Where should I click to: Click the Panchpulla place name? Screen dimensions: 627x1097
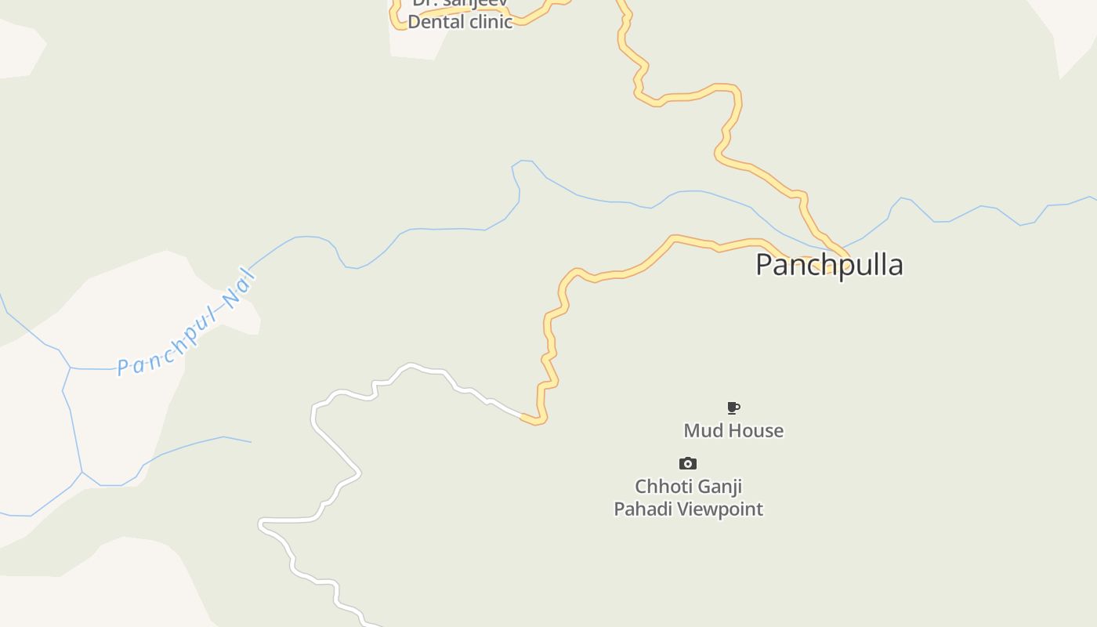[829, 265]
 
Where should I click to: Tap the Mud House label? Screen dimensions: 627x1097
[733, 430]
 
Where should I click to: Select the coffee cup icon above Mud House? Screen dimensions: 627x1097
[733, 408]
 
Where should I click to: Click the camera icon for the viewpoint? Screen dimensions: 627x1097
[687, 463]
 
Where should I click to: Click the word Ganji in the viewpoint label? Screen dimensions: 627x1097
[719, 487]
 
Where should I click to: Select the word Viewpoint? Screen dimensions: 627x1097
[720, 509]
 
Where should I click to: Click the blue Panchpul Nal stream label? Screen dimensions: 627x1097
[186, 323]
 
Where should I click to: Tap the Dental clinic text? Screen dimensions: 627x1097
[460, 22]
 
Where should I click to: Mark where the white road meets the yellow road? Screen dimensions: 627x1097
[523, 416]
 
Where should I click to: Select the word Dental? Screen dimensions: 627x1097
[436, 22]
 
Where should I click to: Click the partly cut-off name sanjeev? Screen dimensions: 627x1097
[473, 3]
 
